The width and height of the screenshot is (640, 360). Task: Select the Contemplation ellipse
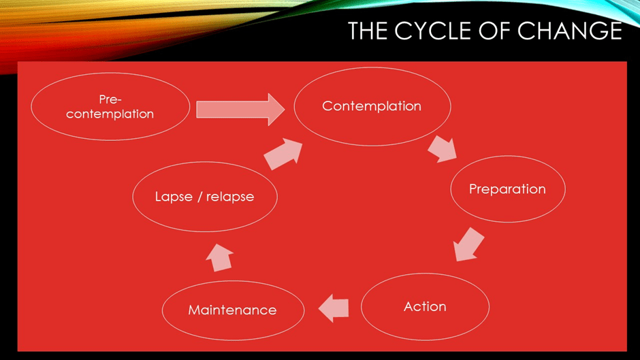372,105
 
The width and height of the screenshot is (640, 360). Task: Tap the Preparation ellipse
507,189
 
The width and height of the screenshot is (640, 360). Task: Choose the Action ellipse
425,306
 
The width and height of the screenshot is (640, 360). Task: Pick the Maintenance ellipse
232,310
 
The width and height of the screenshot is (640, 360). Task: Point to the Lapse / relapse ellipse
204,197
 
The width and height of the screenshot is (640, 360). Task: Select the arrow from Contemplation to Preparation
443,149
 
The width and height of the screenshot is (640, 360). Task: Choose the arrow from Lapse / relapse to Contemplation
283,154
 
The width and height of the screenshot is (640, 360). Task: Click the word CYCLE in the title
429,31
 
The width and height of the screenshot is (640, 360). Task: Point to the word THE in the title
368,31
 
